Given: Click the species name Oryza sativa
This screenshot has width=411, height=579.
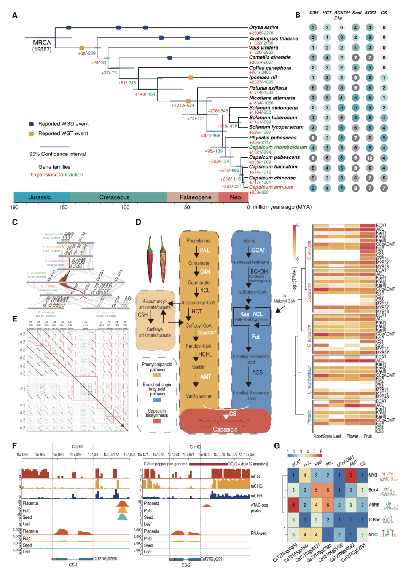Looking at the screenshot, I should tap(263, 27).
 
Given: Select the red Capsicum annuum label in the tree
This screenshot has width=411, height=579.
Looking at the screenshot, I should tap(271, 187).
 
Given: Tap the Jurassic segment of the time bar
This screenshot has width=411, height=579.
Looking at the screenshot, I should tap(40, 197).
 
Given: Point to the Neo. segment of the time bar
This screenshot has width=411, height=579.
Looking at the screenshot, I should tap(236, 197).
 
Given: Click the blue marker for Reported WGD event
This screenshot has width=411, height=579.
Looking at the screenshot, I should tap(32, 124).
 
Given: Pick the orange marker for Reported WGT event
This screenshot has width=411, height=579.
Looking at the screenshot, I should tap(32, 133).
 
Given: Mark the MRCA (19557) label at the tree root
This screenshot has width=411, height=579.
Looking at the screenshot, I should tap(41, 46).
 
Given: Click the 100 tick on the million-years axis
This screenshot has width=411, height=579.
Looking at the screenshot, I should tap(125, 207).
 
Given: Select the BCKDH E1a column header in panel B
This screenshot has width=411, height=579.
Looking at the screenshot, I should tap(341, 15).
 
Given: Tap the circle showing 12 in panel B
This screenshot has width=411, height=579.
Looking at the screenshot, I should tap(370, 158).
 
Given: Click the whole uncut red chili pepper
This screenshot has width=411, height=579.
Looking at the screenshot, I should tap(150, 253).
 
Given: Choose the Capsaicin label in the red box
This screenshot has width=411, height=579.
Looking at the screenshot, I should tap(225, 429).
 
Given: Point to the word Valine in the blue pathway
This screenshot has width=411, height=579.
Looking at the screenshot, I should tap(249, 241).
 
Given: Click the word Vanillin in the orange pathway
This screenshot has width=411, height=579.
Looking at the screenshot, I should tap(199, 367).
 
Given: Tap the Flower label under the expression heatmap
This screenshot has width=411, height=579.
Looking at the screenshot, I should tap(352, 436).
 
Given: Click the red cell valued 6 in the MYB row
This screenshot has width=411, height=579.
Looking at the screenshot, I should tap(350, 475).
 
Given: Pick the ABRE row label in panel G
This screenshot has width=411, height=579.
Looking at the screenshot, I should tap(374, 505).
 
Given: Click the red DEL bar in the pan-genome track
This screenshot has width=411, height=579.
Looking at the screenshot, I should tap(208, 464).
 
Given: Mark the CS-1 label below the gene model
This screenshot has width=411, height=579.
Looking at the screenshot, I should tap(73, 565).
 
